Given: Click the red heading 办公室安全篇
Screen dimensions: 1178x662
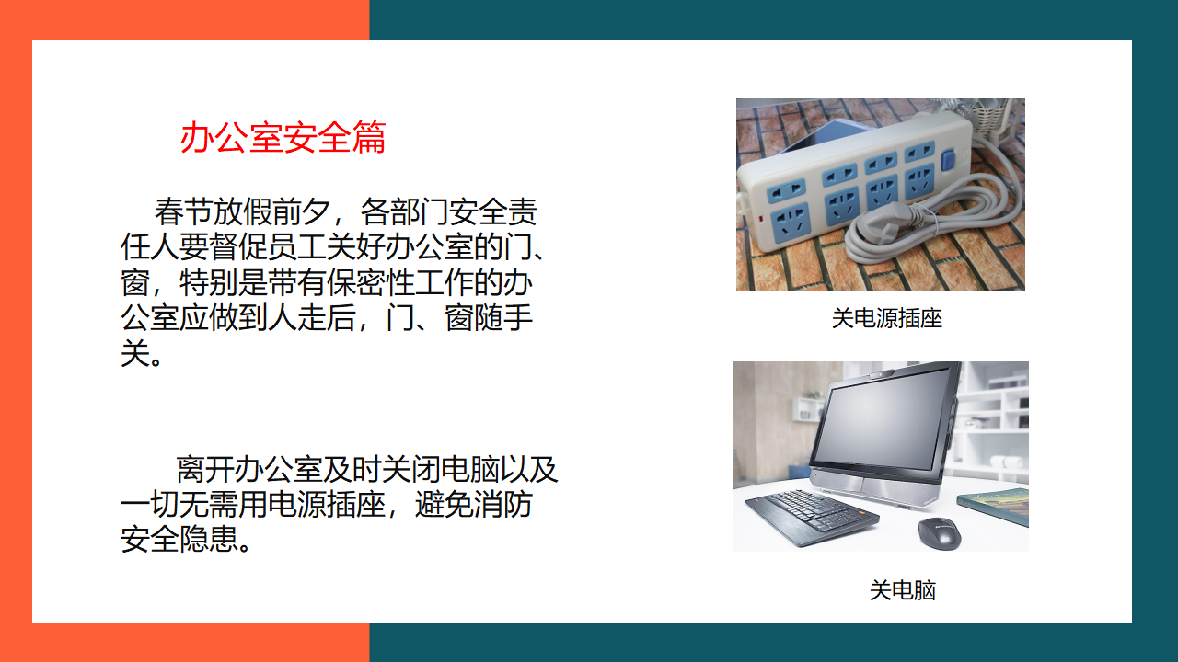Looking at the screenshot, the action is [283, 138].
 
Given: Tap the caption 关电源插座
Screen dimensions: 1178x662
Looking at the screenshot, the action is [886, 318].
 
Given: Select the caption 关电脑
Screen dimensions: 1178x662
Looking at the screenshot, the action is [903, 590].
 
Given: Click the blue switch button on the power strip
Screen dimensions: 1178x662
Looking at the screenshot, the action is [948, 160].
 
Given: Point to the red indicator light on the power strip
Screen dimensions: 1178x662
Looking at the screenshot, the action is [760, 216].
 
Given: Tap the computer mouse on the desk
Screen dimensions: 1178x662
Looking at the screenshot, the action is [940, 532].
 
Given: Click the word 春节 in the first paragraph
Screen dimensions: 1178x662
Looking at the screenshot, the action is [183, 211].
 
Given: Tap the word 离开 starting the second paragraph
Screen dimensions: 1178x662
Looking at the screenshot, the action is [205, 469].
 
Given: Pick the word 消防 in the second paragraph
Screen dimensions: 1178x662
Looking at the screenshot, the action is [503, 505].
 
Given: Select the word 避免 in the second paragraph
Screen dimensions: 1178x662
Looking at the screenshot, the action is [445, 505].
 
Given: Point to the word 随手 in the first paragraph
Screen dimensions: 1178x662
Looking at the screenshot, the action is [503, 318].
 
